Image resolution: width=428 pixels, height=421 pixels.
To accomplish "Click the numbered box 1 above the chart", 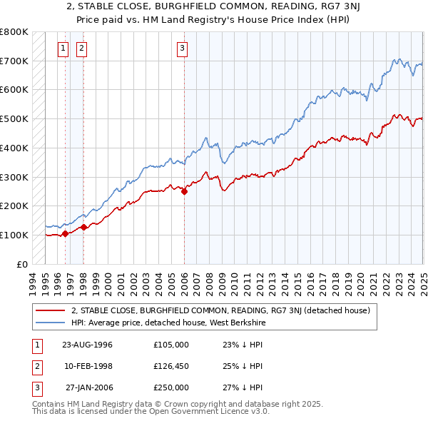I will [x=63, y=49].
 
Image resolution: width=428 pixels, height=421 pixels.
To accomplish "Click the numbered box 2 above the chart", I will [x=81, y=49].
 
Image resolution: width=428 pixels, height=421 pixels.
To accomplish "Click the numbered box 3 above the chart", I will [x=183, y=49].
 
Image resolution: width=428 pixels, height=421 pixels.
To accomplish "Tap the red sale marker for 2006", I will [x=184, y=191].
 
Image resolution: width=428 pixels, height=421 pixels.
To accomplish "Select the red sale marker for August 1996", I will [x=65, y=233].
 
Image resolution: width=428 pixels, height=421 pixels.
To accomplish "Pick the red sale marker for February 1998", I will [x=83, y=227].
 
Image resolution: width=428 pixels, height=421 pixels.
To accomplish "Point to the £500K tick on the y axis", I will [x=14, y=119].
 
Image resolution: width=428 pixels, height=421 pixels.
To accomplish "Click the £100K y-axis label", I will [x=14, y=235].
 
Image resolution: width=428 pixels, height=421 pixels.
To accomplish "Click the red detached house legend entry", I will [x=220, y=310].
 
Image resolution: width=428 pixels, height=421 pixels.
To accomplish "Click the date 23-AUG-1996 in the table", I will [x=88, y=345].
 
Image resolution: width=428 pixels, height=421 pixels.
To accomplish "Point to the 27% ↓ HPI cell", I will [x=243, y=387].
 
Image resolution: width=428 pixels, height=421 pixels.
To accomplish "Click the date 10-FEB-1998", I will [x=88, y=366].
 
